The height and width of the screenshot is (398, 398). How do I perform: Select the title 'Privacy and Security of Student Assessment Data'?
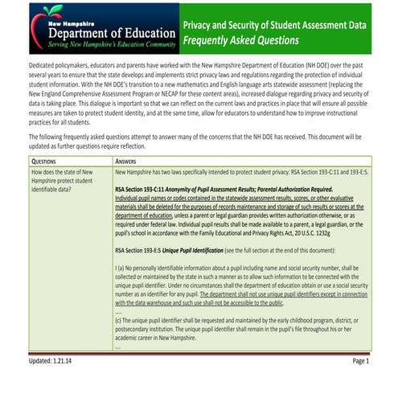(274, 24)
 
